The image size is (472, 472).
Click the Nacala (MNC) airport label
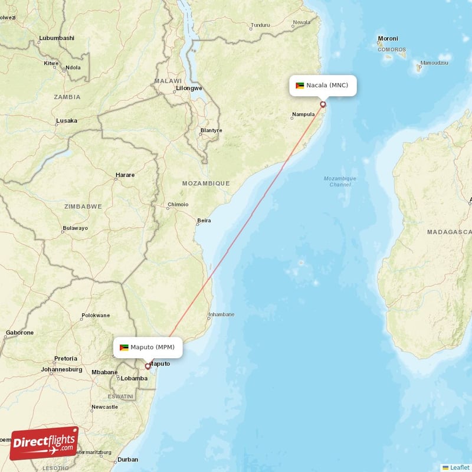[x=323, y=86]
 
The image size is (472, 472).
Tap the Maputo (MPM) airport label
[x=147, y=347]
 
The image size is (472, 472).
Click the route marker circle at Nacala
[x=323, y=104]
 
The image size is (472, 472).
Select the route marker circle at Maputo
[x=147, y=366]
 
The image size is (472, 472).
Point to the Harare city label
[x=124, y=175]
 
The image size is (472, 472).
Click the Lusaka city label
[x=66, y=121]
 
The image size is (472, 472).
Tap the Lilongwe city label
[x=189, y=88]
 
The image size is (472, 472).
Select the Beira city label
[x=204, y=221]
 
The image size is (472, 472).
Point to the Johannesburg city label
[x=61, y=370]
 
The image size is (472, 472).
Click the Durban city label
[x=128, y=460]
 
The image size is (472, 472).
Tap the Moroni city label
[x=388, y=39]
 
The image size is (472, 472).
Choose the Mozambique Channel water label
[x=340, y=181]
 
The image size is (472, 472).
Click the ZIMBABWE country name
[x=83, y=206]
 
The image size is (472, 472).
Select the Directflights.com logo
[x=44, y=443]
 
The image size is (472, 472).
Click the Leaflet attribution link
[x=459, y=467]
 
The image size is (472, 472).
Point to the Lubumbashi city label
[x=57, y=38]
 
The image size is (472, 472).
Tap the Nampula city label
[x=303, y=114]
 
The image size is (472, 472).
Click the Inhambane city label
[x=221, y=314]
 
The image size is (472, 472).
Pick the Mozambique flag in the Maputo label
[x=124, y=347]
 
